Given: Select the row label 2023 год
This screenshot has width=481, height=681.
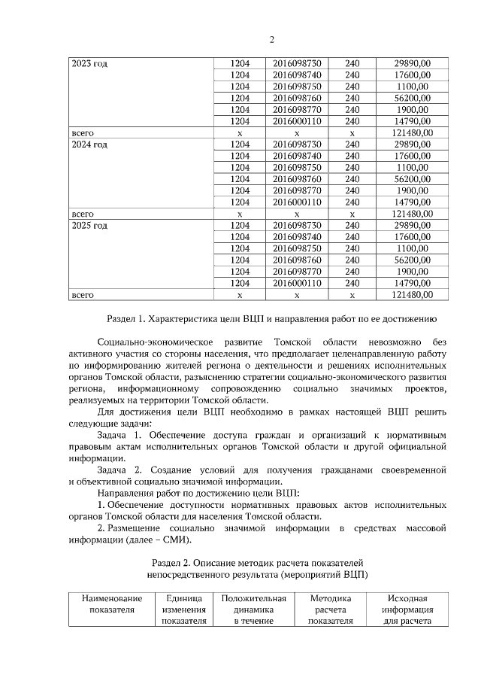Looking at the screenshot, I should click(89, 64).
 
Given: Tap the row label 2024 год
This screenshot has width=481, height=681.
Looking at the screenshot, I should click(89, 144).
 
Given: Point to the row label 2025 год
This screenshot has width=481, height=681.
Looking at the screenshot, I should click(89, 225).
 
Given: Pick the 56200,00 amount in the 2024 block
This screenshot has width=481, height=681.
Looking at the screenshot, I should click(412, 179).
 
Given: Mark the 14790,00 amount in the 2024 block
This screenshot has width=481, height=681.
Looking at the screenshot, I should click(412, 202).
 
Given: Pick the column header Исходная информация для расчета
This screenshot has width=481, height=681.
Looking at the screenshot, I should click(407, 610).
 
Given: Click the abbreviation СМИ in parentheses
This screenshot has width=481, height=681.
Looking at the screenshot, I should click(179, 540).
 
